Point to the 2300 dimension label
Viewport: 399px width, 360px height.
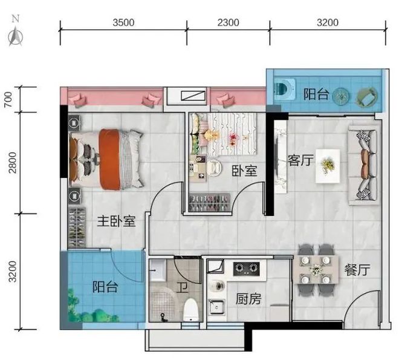[x=227, y=24]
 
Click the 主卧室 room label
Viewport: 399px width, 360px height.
[x=116, y=221]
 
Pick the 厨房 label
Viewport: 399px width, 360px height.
[x=248, y=298]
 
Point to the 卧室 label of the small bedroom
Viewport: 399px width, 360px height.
[x=244, y=171]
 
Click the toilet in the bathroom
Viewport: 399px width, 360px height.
[x=191, y=309]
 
